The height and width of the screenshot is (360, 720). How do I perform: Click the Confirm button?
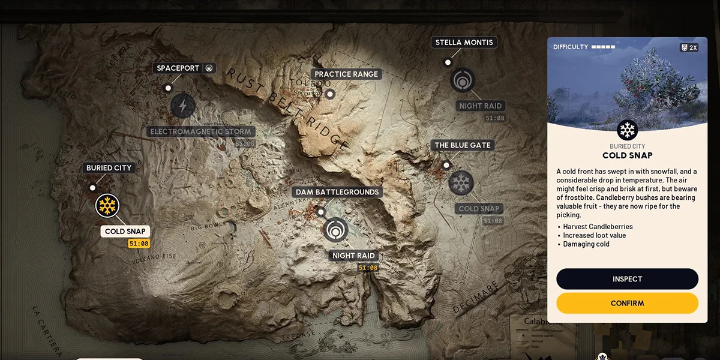click(x=627, y=303)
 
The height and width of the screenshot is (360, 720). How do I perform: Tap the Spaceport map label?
click(x=178, y=68)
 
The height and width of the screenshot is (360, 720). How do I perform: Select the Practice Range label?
click(x=346, y=74)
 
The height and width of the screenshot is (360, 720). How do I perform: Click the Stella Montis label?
click(x=464, y=43)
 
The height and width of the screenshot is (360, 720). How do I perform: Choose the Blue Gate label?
click(x=462, y=145)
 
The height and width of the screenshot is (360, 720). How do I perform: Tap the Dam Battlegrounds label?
click(x=337, y=192)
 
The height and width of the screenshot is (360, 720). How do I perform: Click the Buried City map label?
click(x=109, y=168)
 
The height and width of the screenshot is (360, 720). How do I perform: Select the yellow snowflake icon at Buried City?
click(x=107, y=206)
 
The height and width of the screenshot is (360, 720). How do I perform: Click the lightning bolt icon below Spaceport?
click(x=182, y=106)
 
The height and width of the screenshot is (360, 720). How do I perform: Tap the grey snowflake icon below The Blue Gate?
click(x=461, y=183)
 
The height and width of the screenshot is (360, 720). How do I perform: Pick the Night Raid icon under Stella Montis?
click(x=462, y=80)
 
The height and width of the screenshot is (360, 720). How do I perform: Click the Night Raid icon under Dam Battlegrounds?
click(x=335, y=230)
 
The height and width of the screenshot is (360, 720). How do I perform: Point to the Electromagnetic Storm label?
click(x=201, y=131)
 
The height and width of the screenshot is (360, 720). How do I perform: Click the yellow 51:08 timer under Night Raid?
click(x=368, y=268)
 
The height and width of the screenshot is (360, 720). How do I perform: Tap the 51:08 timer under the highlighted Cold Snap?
click(x=138, y=244)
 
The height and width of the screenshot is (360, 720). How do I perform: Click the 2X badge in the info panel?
click(x=689, y=47)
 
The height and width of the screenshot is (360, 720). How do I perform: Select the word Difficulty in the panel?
click(x=570, y=47)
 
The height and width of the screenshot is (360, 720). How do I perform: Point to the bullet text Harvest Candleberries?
click(x=598, y=227)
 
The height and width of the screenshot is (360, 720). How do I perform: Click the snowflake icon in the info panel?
click(x=627, y=130)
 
